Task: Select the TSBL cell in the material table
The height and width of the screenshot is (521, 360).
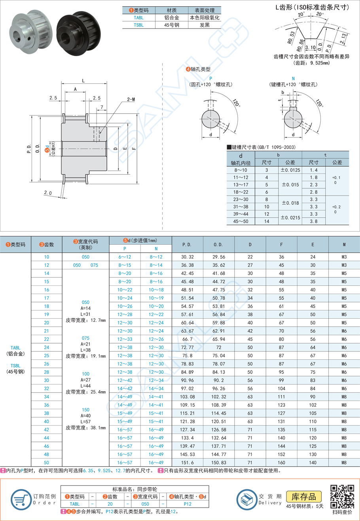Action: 138,25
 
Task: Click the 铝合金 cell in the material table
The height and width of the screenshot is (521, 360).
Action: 172,18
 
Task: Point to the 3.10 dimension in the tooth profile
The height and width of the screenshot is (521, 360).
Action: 311,47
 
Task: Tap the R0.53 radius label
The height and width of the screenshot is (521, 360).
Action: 292,38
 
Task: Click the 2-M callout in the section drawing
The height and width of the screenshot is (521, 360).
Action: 131,99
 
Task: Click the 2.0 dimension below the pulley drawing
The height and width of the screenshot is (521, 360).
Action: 48,193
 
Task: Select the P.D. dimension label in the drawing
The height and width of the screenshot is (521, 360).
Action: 29,149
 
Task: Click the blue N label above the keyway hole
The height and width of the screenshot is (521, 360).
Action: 293,79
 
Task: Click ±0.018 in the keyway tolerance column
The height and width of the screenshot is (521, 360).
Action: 290,203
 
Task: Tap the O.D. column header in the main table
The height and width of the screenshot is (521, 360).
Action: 218,245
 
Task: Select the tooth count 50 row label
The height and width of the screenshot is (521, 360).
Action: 47,462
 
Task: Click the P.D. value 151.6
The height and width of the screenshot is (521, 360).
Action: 187,462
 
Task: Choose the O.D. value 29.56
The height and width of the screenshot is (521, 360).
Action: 218,257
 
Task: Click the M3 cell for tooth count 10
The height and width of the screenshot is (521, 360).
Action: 344,257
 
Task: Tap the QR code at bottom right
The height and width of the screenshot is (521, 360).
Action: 342,496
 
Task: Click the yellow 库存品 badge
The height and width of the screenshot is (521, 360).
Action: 303,496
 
